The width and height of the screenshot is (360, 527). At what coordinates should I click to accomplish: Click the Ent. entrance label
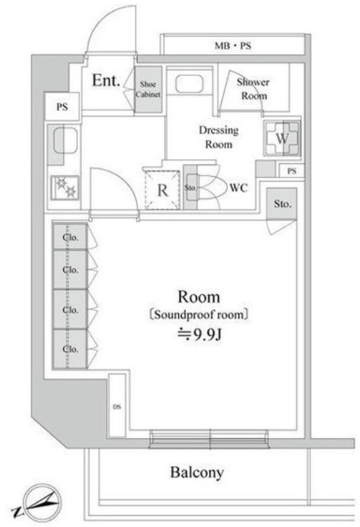click(x=106, y=80)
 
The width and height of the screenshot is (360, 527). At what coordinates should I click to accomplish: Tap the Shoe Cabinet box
click(x=148, y=89)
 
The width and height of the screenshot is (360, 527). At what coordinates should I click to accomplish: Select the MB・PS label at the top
click(x=232, y=46)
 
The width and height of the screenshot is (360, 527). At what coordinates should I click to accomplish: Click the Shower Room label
click(x=253, y=88)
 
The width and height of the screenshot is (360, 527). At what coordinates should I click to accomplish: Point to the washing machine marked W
click(x=282, y=138)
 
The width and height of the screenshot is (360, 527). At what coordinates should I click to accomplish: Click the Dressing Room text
click(x=218, y=137)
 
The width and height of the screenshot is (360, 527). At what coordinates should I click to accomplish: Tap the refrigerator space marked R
click(x=162, y=190)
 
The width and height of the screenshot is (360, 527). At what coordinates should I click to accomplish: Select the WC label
click(x=239, y=187)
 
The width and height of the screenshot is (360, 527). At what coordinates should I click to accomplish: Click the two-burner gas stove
click(x=65, y=187)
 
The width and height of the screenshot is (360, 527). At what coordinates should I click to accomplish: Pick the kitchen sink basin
click(x=65, y=140)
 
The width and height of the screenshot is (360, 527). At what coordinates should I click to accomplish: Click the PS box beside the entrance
click(x=62, y=107)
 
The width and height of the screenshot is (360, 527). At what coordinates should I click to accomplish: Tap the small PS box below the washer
click(x=292, y=171)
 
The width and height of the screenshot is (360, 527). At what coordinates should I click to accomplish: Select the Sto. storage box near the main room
click(x=281, y=204)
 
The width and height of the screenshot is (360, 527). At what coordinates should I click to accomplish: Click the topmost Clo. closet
click(x=70, y=236)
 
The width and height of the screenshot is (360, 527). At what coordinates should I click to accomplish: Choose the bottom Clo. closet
click(x=70, y=349)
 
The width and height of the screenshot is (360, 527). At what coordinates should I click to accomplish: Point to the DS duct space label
click(x=116, y=407)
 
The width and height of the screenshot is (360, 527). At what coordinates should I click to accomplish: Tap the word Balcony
click(x=197, y=472)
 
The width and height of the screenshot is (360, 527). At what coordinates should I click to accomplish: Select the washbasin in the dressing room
click(x=189, y=84)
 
